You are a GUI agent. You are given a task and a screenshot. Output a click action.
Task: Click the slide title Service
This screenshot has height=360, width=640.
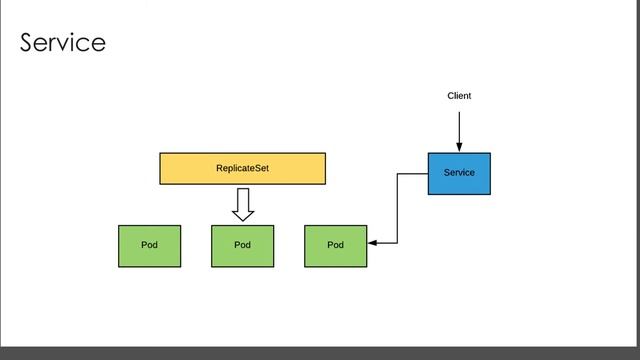coord(62,43)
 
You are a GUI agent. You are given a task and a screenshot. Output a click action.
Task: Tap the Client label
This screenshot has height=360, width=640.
coord(459,96)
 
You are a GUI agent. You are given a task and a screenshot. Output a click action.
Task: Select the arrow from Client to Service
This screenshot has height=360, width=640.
coord(459,128)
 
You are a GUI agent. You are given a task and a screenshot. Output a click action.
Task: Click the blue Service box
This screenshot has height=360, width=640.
coord(459,173)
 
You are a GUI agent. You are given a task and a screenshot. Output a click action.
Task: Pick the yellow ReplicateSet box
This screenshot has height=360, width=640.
coord(242,169)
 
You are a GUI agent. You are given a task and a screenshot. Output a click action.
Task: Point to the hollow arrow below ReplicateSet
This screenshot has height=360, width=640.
coord(242,204)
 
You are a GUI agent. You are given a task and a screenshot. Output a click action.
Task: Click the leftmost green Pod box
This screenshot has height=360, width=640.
coord(149,245)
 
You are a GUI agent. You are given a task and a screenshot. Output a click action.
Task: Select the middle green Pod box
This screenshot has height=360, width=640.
coord(242,245)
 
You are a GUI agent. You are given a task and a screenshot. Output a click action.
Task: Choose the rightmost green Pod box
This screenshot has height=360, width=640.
coord(335,245)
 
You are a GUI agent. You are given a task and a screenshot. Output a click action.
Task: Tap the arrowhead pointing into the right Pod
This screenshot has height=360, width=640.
coord(372,243)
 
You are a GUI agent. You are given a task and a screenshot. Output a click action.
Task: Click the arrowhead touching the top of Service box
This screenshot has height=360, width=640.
coord(459,148)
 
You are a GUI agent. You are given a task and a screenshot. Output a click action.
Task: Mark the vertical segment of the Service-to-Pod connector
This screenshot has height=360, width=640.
coord(397,208)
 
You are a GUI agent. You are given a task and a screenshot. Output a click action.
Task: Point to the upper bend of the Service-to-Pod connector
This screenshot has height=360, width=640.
coord(397,174)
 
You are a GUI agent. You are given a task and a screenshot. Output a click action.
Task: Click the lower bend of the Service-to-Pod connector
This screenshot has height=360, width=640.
coord(397,243)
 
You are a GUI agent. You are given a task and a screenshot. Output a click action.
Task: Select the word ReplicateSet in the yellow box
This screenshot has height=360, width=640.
coord(242,169)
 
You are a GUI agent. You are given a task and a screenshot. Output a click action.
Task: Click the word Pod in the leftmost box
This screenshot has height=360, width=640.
coord(149,245)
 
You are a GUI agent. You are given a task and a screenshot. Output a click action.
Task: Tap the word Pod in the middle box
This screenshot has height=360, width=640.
coord(242,245)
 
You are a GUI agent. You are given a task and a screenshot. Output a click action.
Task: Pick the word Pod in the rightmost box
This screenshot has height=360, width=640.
coord(335,245)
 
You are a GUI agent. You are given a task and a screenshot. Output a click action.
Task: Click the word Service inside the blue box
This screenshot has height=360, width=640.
coord(459,173)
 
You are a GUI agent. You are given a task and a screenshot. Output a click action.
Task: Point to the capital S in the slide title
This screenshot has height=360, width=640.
coord(28,43)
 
